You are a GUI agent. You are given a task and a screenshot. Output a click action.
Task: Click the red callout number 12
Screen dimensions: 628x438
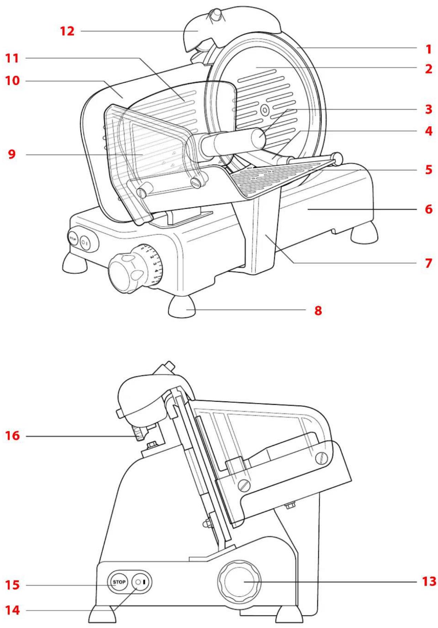67,31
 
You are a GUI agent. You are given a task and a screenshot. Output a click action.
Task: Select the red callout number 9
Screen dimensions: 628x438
12,154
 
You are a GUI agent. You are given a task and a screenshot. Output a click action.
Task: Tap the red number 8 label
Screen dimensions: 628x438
318,310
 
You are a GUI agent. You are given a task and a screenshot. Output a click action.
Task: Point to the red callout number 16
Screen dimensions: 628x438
12,436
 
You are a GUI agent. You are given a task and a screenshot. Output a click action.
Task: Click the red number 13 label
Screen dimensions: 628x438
429,582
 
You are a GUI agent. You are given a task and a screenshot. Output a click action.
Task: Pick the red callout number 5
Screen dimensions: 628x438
428,170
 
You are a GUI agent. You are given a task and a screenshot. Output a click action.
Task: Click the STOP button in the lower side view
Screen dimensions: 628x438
119,582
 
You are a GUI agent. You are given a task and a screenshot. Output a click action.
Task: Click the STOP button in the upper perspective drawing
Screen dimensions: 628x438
73,238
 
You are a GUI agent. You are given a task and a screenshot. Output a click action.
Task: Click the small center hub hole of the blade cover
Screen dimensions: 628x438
265,110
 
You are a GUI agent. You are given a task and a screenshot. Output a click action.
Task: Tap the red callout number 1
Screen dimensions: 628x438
428,49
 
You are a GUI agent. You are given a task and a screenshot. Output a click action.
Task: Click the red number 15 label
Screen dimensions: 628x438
12,585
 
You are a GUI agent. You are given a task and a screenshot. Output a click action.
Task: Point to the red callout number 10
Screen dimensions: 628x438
12,81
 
